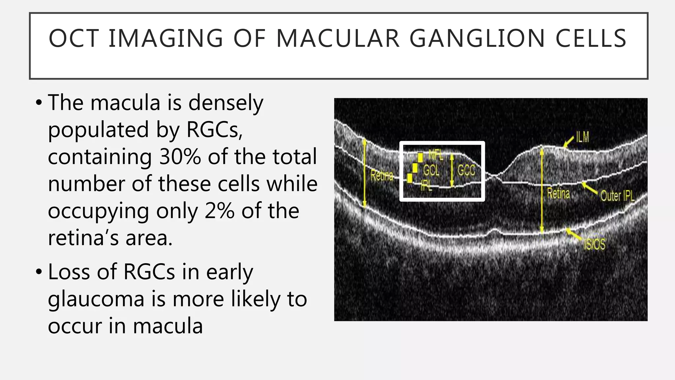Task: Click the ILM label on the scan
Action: click(582, 137)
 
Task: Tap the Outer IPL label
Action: click(617, 196)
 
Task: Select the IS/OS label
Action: click(595, 244)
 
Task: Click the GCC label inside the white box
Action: click(466, 171)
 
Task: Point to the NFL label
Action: click(435, 154)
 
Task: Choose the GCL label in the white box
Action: click(431, 170)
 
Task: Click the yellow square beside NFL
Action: click(420, 157)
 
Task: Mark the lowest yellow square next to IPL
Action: click(410, 178)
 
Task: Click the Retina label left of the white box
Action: click(382, 175)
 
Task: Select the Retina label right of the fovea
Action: click(558, 193)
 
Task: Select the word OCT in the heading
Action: click(73, 39)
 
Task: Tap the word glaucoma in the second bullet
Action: click(96, 299)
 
